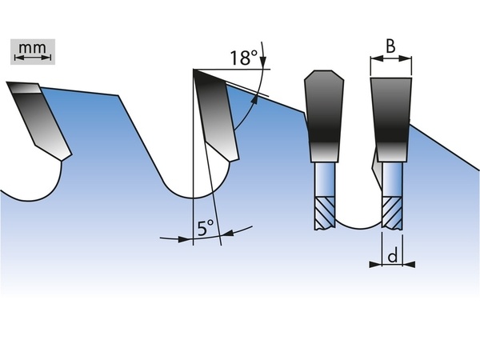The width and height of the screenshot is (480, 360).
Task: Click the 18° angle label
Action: click(x=244, y=58)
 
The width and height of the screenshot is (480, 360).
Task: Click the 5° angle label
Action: click(x=206, y=228)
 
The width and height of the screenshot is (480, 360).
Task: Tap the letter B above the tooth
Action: click(x=390, y=46)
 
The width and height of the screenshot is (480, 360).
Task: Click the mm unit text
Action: click(x=33, y=48)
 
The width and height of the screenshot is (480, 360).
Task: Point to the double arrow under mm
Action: click(x=33, y=58)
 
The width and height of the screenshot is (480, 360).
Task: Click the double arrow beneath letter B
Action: click(x=391, y=58)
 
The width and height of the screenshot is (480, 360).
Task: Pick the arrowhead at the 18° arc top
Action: click(x=263, y=62)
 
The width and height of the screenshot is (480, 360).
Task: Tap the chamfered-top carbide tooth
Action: click(x=324, y=116)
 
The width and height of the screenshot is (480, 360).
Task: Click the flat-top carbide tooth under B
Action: click(x=391, y=119)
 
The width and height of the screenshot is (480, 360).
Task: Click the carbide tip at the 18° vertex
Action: click(x=217, y=114)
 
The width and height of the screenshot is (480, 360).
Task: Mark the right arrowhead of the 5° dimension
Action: click(x=227, y=234)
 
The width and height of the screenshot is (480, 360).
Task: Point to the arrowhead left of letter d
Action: click(x=376, y=264)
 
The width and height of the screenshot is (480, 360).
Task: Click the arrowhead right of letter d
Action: click(x=409, y=264)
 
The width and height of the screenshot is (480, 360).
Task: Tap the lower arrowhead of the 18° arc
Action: click(x=254, y=100)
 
